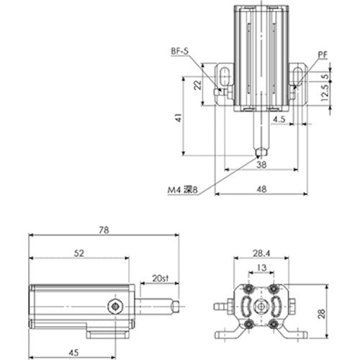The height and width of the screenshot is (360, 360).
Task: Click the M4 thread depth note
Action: tap(182, 190)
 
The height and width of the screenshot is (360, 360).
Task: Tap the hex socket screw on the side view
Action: tap(113, 307)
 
